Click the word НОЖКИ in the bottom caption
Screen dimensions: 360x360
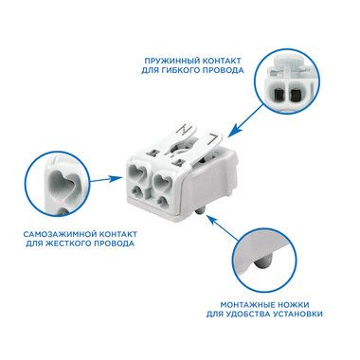point(294,305)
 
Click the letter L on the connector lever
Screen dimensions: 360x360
point(212,138)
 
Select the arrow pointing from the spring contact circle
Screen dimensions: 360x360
point(245,121)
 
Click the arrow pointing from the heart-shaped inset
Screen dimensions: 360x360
point(105,179)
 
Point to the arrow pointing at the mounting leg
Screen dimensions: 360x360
point(224,227)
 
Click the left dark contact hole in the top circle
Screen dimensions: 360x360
point(279,94)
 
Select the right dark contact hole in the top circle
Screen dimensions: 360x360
point(295,94)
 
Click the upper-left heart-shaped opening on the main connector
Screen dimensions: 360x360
point(136,172)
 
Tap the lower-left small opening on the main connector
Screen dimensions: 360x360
point(138,190)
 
